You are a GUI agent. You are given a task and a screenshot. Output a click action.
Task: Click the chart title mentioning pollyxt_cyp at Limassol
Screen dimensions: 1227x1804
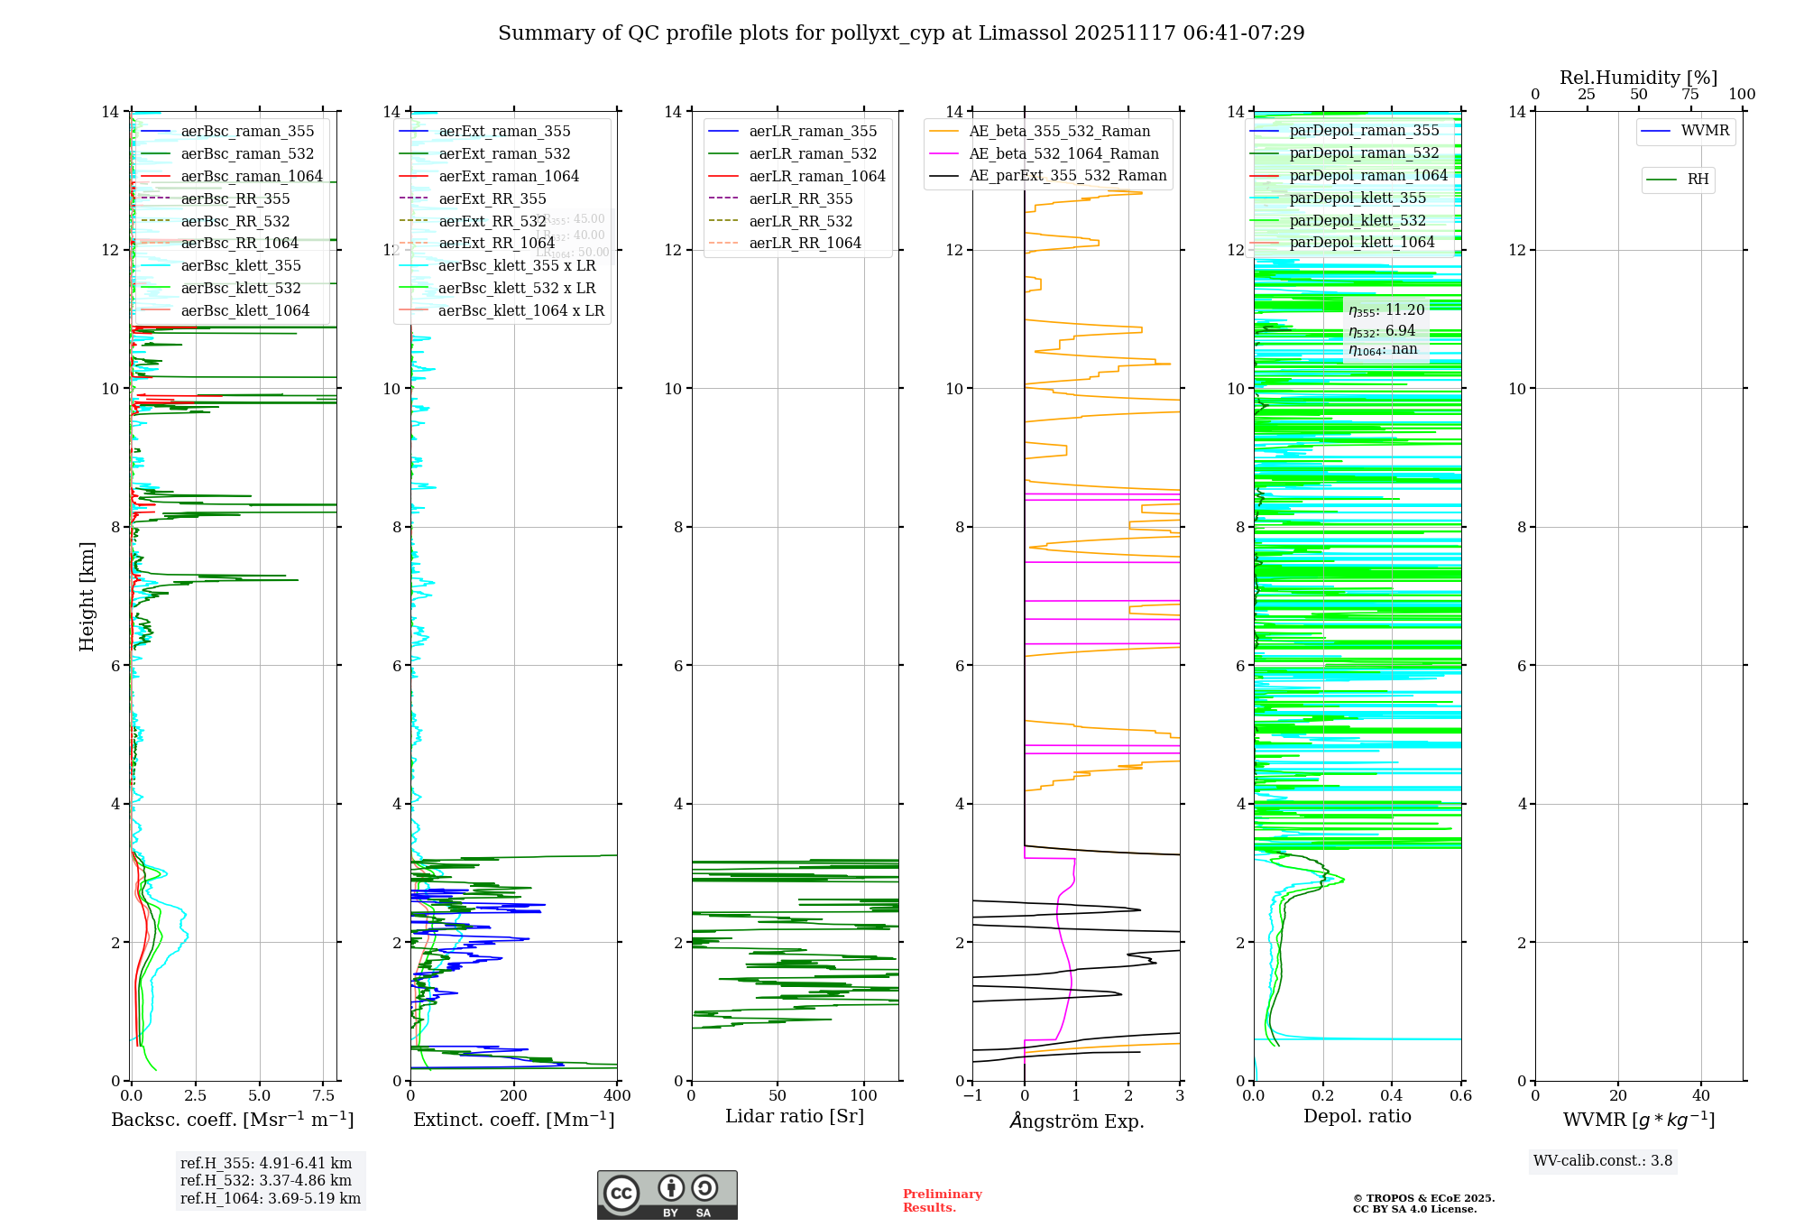[901, 33]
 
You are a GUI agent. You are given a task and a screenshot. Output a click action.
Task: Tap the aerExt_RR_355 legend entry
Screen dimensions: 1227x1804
[492, 198]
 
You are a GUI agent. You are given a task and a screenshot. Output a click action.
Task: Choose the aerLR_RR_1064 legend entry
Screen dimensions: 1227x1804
[805, 243]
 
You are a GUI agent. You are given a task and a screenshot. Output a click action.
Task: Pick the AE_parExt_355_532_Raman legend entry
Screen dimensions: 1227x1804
[1067, 175]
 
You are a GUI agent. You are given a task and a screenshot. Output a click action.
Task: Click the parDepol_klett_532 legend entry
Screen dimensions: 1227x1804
[1358, 220]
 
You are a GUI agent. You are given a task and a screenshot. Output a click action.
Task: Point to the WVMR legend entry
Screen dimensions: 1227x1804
[1705, 131]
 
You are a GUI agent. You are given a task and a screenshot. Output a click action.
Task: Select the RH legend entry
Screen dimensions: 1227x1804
[1698, 180]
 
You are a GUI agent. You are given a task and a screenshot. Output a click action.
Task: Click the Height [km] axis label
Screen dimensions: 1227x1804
[87, 595]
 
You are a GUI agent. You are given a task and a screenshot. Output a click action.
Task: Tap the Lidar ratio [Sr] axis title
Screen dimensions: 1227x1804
[795, 1116]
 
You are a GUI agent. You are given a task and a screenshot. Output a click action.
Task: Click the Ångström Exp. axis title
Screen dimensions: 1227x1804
[1076, 1121]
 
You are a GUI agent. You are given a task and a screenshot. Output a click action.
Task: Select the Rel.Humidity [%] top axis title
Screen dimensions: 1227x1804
[1638, 78]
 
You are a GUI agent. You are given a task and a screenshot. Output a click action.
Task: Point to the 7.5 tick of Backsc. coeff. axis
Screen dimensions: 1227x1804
[323, 1096]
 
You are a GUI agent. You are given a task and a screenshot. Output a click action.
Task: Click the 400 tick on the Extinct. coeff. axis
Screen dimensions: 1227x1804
[617, 1096]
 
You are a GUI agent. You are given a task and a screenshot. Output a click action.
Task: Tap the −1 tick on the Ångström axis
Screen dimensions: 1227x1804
[972, 1096]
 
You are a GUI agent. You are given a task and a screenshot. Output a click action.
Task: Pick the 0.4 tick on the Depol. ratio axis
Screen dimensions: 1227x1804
[1392, 1096]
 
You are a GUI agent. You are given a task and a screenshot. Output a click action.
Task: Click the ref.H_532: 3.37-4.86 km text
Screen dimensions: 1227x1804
[265, 1180]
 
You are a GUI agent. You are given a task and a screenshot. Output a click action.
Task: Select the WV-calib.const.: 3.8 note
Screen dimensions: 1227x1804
[1603, 1160]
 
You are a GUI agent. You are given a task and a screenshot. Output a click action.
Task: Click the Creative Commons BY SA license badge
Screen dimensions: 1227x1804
[667, 1195]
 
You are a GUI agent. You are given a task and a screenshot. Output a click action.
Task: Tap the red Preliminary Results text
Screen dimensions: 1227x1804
[942, 1200]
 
